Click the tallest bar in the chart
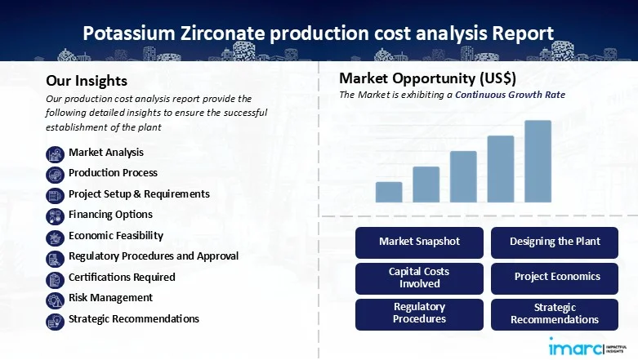(538, 161)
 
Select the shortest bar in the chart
(389, 192)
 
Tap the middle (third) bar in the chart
(463, 176)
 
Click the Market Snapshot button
(419, 242)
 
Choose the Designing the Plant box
(555, 242)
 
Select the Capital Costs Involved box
(419, 278)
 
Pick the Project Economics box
(555, 278)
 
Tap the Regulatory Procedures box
(419, 313)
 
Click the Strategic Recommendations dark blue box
(555, 313)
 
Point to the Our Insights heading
(87, 81)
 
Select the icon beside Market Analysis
(55, 153)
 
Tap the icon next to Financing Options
(55, 216)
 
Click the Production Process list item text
(113, 173)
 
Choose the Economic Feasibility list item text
(116, 235)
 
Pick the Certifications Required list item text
(122, 277)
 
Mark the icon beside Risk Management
(55, 299)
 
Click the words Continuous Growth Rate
(510, 95)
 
